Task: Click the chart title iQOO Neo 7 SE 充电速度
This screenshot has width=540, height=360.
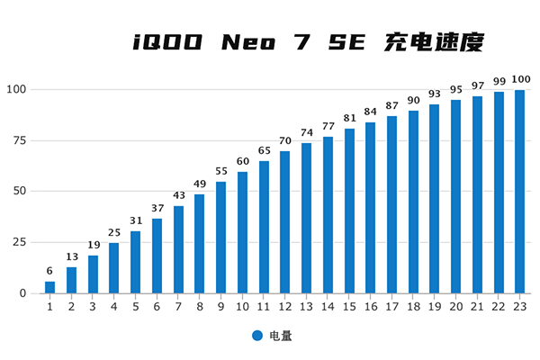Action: click(x=309, y=41)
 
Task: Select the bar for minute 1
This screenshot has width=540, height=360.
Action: click(x=49, y=287)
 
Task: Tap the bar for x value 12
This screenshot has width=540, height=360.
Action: click(x=285, y=222)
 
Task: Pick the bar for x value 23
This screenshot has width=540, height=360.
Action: click(x=519, y=192)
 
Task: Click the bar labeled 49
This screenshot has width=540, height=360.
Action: click(x=199, y=244)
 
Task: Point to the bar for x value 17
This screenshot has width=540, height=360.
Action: click(x=391, y=205)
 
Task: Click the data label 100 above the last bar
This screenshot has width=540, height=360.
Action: click(x=519, y=81)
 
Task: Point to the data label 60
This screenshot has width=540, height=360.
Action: click(x=242, y=163)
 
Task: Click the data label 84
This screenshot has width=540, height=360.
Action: click(x=370, y=113)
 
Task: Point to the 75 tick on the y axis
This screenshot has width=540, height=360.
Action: click(x=19, y=140)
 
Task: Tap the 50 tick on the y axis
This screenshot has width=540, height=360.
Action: click(x=19, y=192)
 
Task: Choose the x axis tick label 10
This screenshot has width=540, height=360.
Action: click(x=242, y=307)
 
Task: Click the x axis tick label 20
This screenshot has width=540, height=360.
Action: click(x=455, y=307)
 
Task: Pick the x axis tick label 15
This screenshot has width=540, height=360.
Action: click(x=349, y=307)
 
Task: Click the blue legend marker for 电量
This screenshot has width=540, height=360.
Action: click(x=257, y=336)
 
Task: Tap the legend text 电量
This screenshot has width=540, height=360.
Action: click(x=279, y=336)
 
